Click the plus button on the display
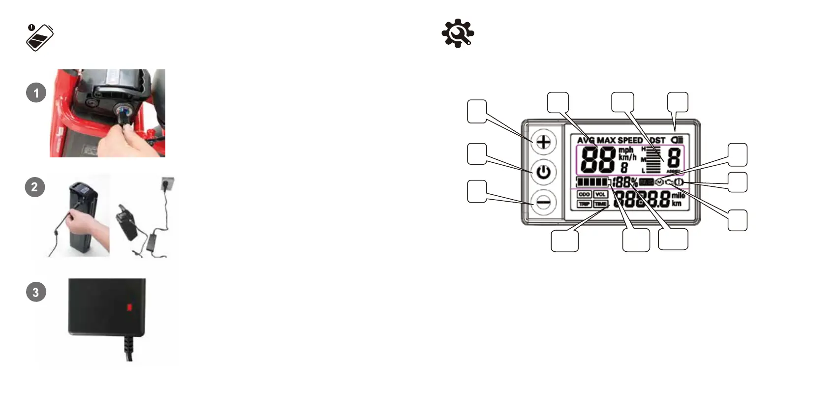point(543,143)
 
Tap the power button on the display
point(543,173)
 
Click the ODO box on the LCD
point(584,194)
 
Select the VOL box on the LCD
point(600,194)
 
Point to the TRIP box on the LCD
point(584,204)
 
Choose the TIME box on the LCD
point(600,204)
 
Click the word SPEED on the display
point(630,140)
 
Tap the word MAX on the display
point(606,140)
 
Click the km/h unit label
point(627,157)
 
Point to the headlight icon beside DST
point(677,140)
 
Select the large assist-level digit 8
point(673,158)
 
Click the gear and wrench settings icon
point(458,33)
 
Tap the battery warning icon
point(39,37)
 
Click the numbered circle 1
point(36,92)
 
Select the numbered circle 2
point(34,187)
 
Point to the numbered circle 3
point(35,292)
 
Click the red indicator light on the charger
point(129,307)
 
